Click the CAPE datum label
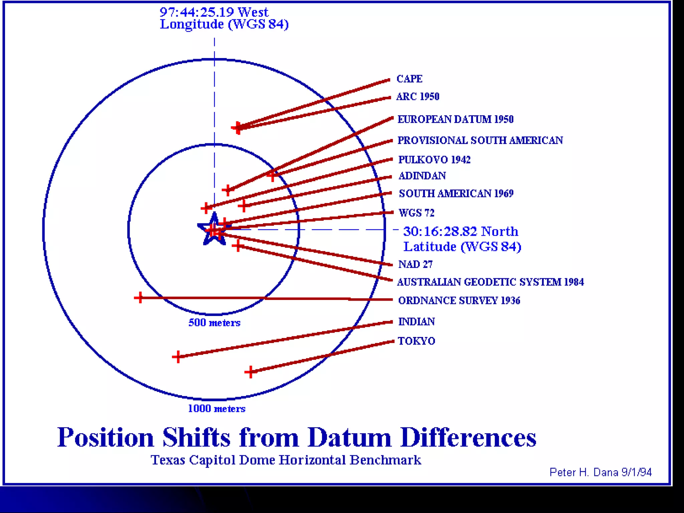coord(409,79)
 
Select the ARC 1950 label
coord(417,97)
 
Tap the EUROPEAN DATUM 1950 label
coord(455,119)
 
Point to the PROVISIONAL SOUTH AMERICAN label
coord(480,140)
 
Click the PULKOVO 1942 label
coord(434,160)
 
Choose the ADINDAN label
coord(422,176)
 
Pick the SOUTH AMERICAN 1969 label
coord(456,193)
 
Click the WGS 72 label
coord(416,213)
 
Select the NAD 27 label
coord(415,265)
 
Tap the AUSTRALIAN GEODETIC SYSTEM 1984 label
coord(490,282)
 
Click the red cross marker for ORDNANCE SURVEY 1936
coord(140,297)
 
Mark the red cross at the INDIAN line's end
coord(178,357)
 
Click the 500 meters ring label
coord(214,323)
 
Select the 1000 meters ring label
coord(216,408)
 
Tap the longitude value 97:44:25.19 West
coord(214,12)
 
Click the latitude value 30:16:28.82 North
coord(461,231)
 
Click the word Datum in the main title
coord(349,438)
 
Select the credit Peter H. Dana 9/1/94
coord(601,472)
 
